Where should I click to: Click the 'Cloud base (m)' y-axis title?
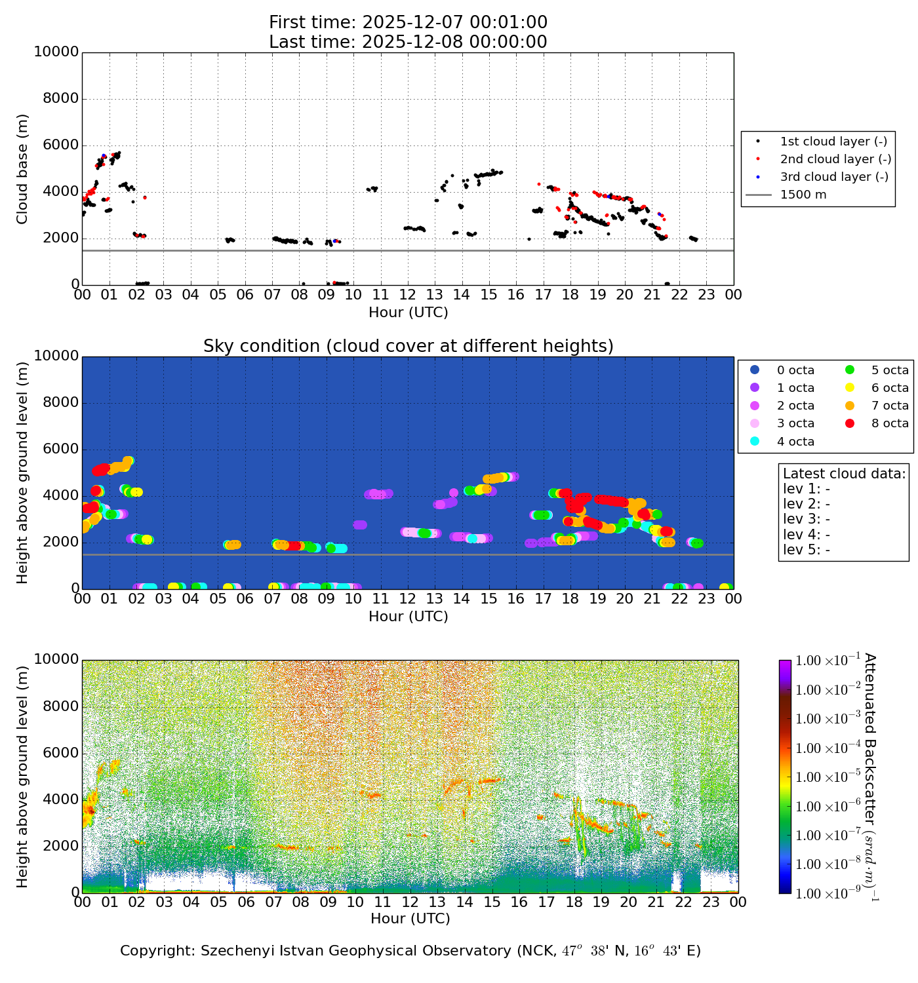click(23, 168)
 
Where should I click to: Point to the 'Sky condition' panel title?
click(408, 346)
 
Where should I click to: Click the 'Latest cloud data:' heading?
click(844, 474)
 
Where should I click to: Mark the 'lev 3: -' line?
click(806, 519)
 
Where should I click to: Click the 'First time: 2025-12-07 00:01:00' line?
click(408, 23)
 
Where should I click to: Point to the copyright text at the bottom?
click(410, 951)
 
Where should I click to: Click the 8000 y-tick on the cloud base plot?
click(61, 99)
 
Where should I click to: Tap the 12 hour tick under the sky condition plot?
click(407, 598)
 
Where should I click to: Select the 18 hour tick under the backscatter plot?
click(574, 902)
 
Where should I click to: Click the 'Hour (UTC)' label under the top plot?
click(408, 313)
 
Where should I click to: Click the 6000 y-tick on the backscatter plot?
click(61, 753)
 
